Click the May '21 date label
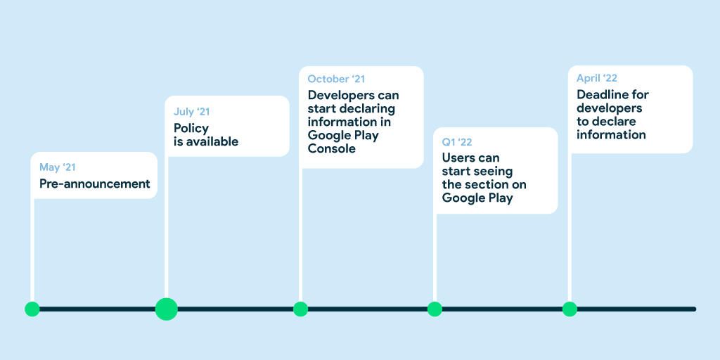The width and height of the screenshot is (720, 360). click(58, 167)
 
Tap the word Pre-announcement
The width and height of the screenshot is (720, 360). click(95, 184)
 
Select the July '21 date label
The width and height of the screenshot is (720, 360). click(191, 112)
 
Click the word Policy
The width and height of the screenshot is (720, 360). click(191, 129)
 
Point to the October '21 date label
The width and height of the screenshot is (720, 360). click(336, 79)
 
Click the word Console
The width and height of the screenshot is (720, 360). click(332, 148)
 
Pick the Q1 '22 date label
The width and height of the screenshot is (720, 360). click(457, 142)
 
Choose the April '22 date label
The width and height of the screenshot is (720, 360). click(597, 78)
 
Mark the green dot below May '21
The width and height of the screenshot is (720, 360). click(32, 309)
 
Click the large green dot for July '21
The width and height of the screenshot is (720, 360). click(166, 309)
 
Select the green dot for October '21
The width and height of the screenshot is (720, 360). click(300, 309)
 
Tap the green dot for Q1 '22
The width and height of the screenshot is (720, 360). click(435, 309)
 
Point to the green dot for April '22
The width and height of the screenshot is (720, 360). click(570, 309)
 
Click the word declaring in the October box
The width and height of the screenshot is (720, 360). click(366, 109)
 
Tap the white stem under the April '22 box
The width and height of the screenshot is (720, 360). click(570, 227)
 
